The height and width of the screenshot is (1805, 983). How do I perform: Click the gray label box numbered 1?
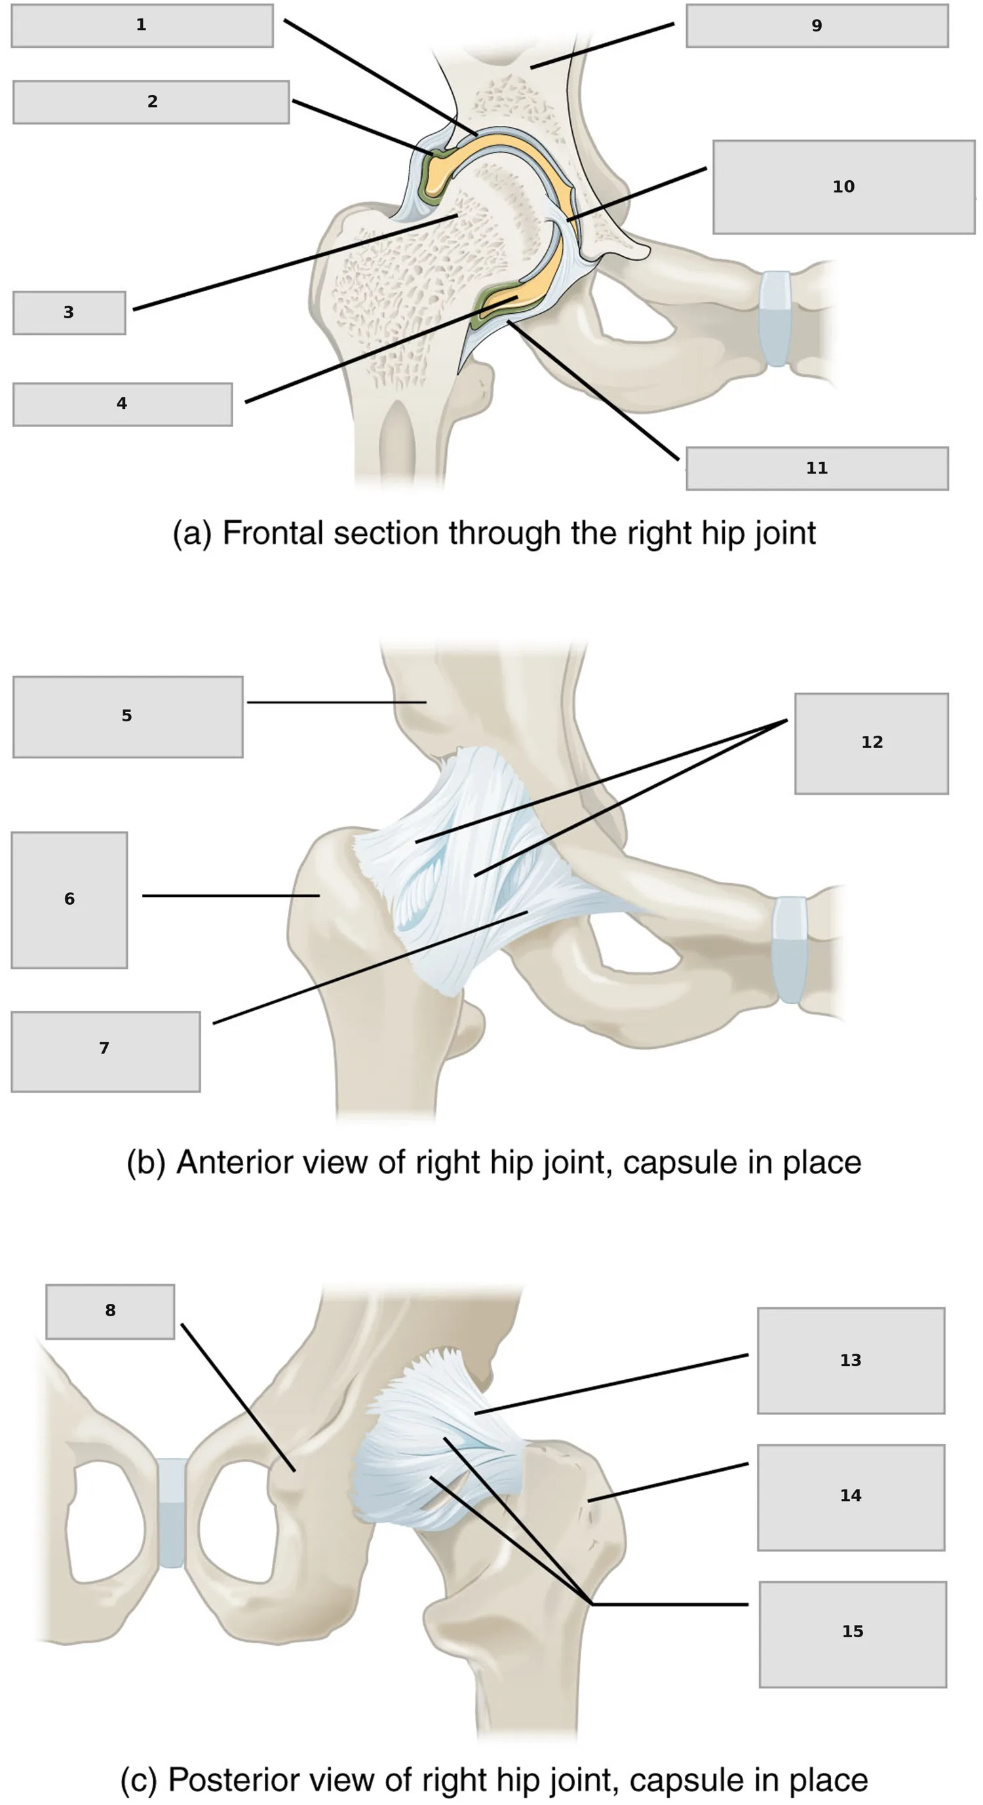[142, 26]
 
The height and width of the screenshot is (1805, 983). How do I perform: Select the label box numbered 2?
[151, 102]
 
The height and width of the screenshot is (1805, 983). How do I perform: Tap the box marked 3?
[69, 313]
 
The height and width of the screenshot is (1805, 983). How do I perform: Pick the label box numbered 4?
[123, 404]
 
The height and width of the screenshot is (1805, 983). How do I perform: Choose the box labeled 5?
[128, 717]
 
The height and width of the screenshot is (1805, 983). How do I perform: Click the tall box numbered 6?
[69, 900]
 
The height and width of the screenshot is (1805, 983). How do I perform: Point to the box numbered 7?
[106, 1051]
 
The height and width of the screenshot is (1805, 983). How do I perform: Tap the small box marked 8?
[110, 1312]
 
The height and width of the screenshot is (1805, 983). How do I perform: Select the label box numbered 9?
[817, 26]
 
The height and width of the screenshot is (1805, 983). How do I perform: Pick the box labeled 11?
[817, 468]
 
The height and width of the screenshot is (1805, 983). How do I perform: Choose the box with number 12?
[872, 744]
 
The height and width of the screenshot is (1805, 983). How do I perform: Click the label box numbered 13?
[851, 1360]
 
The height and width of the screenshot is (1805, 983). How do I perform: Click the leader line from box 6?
[231, 896]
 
